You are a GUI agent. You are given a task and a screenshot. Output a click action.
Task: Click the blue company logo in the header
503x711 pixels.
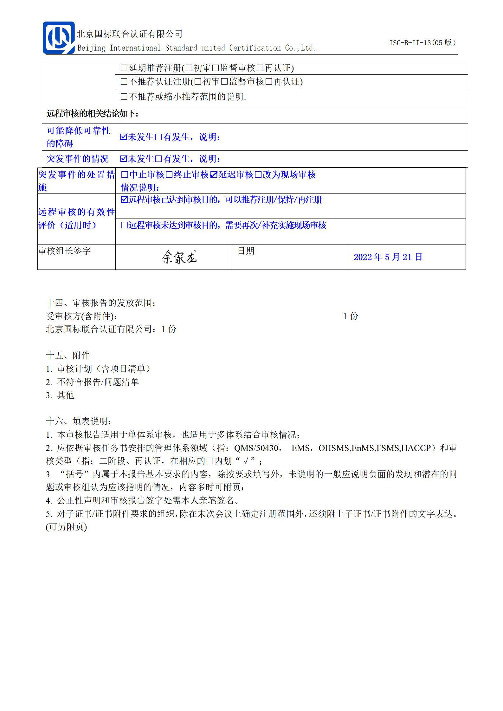pos(59,38)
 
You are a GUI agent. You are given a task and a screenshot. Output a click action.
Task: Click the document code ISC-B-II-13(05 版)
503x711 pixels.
pos(422,43)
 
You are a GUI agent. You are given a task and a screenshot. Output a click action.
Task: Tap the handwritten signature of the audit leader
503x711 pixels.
pos(179,257)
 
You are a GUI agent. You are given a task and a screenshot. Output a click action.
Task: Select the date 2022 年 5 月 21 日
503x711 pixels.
pos(388,257)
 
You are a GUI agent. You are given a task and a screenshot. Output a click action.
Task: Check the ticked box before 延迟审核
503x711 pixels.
pos(214,175)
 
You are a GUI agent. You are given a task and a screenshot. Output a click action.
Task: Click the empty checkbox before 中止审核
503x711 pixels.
pos(125,175)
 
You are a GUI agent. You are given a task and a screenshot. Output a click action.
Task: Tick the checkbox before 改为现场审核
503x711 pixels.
pos(258,175)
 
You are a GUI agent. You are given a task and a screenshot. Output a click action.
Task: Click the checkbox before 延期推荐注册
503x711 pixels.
pos(124,68)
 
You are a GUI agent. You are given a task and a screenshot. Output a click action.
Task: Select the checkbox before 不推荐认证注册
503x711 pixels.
pos(124,82)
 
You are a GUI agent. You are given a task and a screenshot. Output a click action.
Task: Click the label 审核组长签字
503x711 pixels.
pos(65,251)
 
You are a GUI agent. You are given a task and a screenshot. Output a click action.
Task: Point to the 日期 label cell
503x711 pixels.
pos(246,251)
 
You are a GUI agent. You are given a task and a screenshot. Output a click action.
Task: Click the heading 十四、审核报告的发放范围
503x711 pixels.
pos(101,303)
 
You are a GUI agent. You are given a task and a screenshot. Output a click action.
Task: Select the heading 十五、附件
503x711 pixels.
pos(68,356)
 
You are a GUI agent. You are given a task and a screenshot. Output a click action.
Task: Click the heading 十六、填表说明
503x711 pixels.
pos(79,422)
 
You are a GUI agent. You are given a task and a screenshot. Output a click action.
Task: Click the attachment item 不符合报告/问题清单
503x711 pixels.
pos(98,382)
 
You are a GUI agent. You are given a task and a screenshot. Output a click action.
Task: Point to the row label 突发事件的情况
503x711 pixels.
pos(78,159)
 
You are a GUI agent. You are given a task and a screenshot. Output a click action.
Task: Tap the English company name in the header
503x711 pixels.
pos(197,48)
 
